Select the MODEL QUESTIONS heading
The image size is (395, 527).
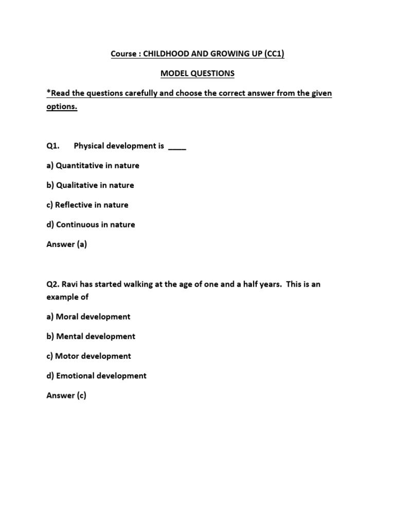pyautogui.click(x=197, y=74)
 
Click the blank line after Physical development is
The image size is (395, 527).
pyautogui.click(x=177, y=147)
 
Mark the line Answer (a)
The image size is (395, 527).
pyautogui.click(x=67, y=244)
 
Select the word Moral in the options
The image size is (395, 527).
pyautogui.click(x=68, y=317)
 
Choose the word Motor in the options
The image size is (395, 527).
pyautogui.click(x=68, y=356)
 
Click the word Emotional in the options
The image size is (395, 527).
pyautogui.click(x=76, y=376)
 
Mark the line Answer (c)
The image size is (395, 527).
pyautogui.click(x=66, y=396)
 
